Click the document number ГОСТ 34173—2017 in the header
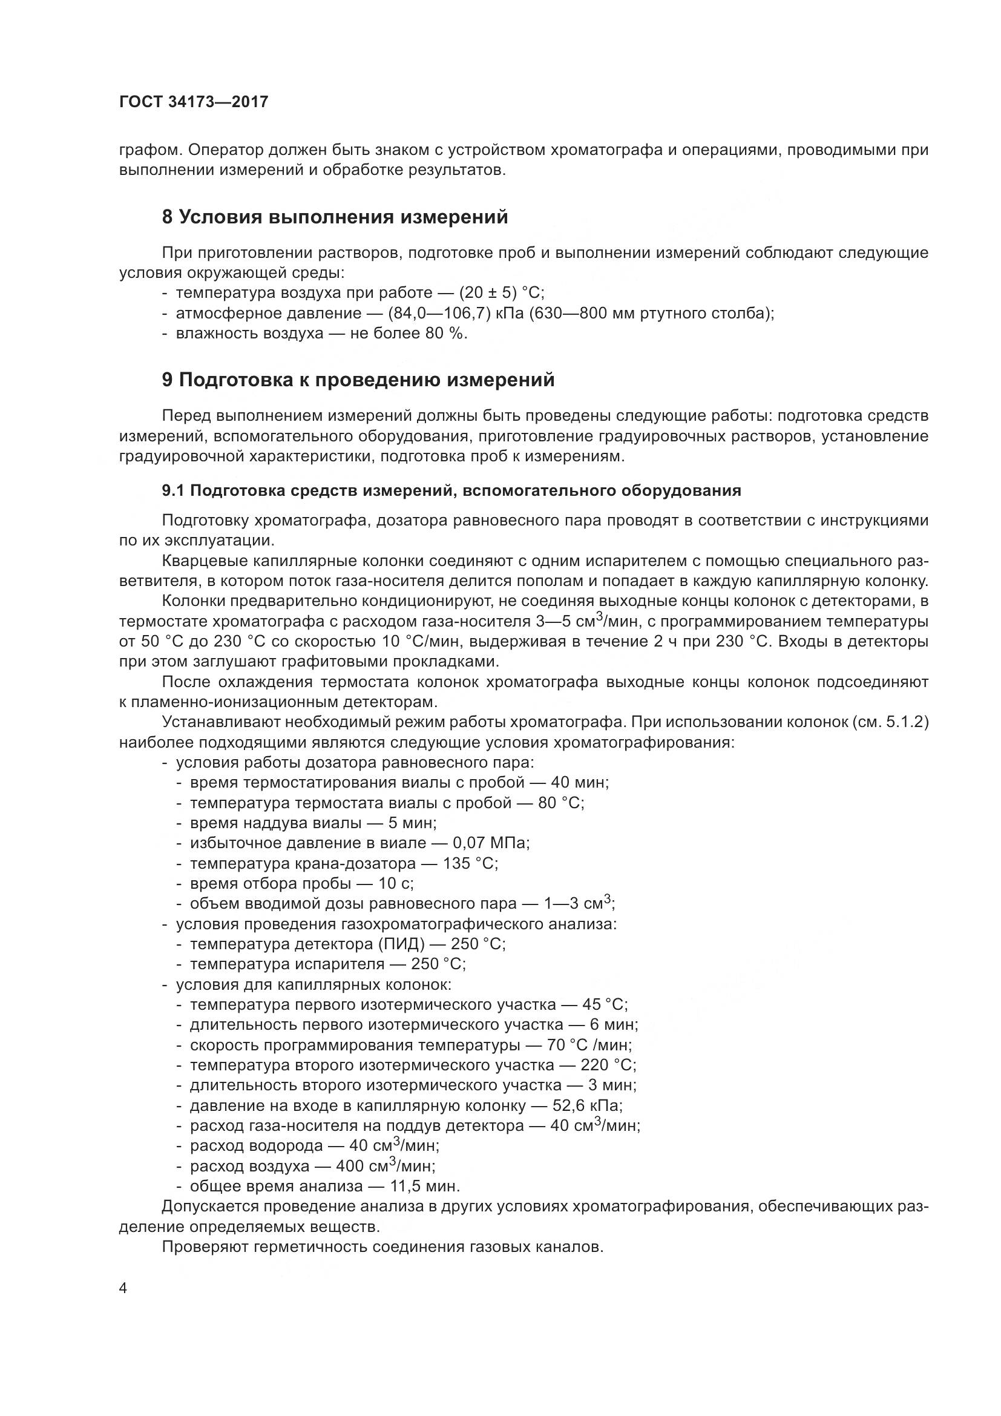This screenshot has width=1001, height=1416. (x=194, y=102)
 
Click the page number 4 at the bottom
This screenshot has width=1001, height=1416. (x=123, y=1288)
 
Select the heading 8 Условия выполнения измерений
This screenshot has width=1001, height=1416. (x=335, y=217)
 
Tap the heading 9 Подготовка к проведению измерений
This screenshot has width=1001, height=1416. (x=358, y=380)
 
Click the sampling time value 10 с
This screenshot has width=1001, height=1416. (x=396, y=884)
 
